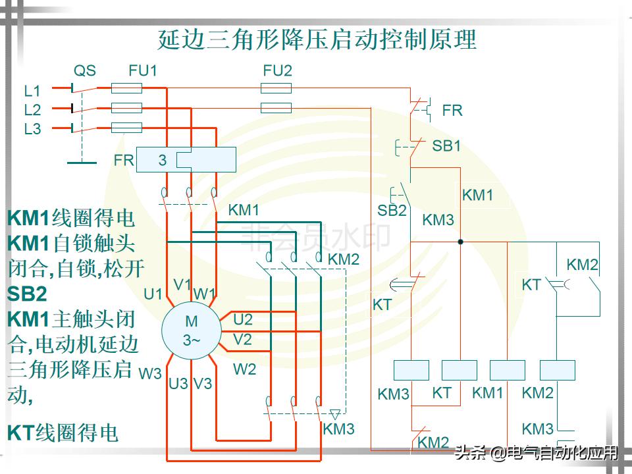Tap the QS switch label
[84, 70]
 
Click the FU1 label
[143, 70]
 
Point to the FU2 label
[277, 70]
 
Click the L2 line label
[32, 110]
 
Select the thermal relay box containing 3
[186, 160]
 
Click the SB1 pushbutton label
[446, 146]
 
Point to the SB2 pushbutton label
[392, 211]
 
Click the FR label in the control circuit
[452, 111]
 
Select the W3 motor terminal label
[150, 374]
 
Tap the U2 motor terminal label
[243, 320]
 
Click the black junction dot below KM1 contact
[460, 242]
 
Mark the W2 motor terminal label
[244, 369]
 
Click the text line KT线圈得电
[63, 433]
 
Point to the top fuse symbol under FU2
[276, 88]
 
